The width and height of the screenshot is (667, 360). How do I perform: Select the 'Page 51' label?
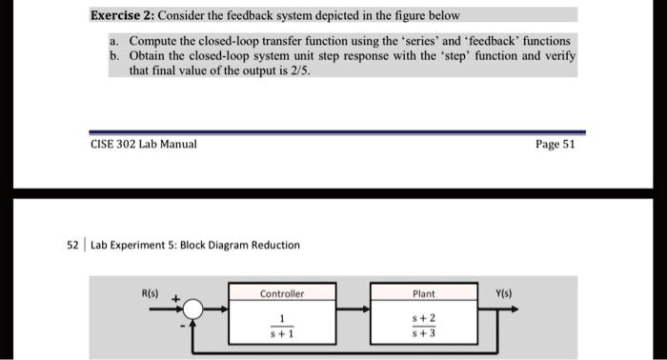coord(556,144)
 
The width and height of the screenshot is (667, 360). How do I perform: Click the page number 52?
coord(72,245)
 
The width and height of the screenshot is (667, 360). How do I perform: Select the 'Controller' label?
coord(282,294)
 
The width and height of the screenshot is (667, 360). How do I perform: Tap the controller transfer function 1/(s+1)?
coord(282,327)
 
